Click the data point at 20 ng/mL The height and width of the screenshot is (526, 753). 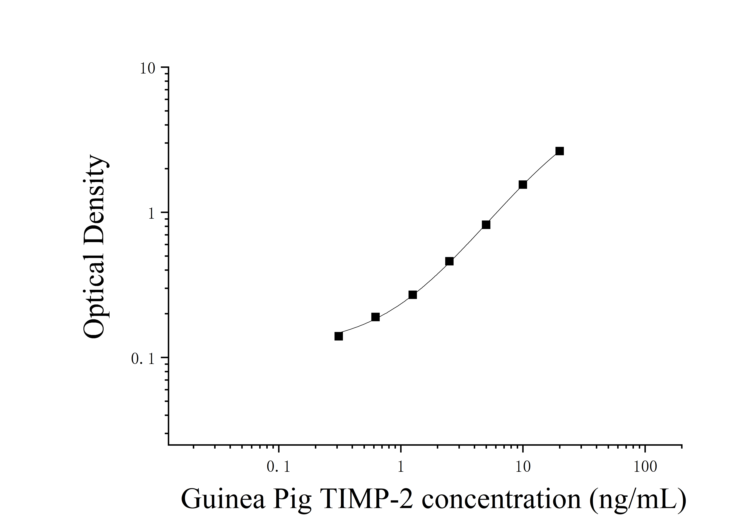(560, 151)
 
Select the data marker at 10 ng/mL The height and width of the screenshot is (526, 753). (523, 184)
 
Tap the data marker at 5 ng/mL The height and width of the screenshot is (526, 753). (486, 224)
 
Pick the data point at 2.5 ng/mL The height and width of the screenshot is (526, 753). (449, 261)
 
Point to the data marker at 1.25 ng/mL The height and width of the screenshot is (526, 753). (413, 295)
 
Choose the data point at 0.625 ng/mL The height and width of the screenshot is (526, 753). (376, 317)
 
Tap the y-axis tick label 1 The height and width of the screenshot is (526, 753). (151, 214)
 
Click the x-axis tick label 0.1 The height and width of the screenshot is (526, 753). (278, 467)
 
